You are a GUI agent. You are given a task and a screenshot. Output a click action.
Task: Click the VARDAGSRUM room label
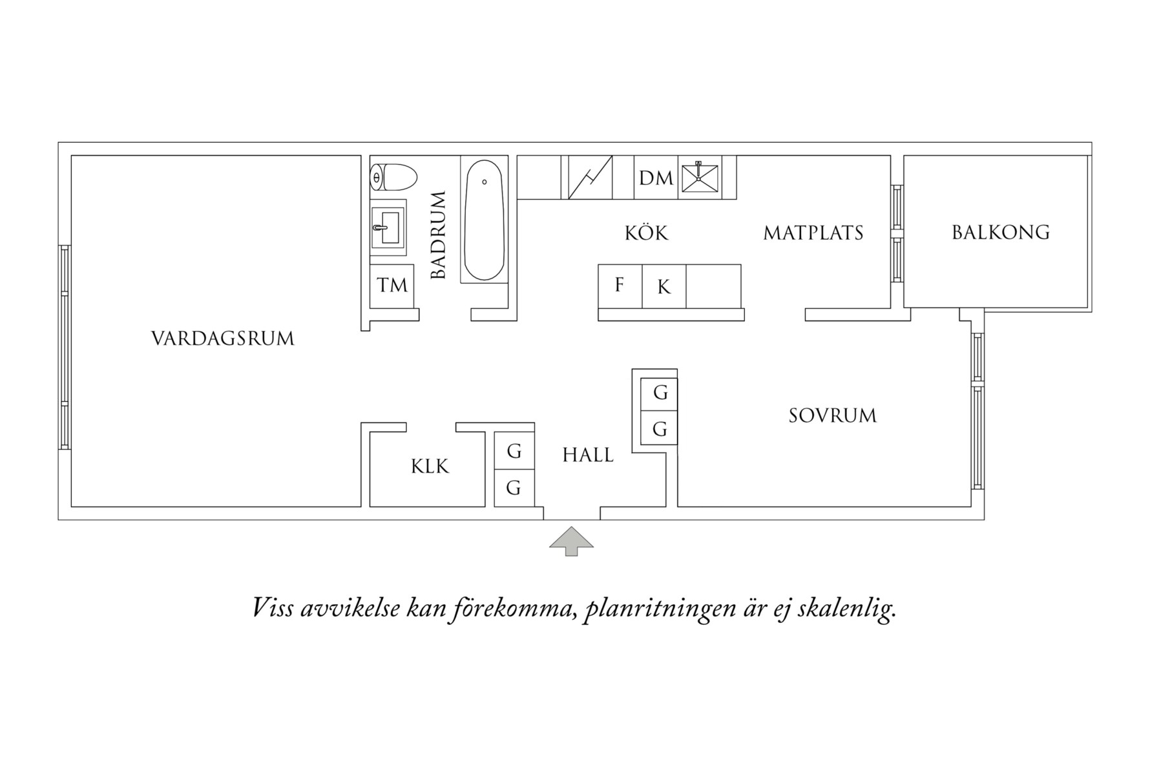point(222,339)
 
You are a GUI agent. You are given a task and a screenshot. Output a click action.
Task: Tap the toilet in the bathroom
point(393,177)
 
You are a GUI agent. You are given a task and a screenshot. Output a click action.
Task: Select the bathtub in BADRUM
point(485,220)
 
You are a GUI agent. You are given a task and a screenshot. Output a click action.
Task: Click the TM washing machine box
point(392,285)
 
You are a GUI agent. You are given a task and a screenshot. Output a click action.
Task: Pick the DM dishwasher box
point(656,178)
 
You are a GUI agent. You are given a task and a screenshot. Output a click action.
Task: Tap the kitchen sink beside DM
point(700,177)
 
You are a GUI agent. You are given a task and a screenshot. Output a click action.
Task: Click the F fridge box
point(620,286)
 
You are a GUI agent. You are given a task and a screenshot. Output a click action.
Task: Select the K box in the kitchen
point(664,286)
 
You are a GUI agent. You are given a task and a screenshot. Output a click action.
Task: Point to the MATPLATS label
point(813,233)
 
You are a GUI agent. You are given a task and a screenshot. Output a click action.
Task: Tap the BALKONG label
point(1001,232)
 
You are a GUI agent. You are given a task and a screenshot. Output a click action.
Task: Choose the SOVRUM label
point(833,415)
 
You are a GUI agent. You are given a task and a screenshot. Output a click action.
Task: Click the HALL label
point(588,455)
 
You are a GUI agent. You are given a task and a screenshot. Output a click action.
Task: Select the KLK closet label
point(430,467)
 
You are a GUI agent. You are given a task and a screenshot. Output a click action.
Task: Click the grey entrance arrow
point(571,541)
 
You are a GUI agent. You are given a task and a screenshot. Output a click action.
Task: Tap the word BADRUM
point(438,235)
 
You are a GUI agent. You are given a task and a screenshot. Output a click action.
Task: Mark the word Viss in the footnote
point(274,607)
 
